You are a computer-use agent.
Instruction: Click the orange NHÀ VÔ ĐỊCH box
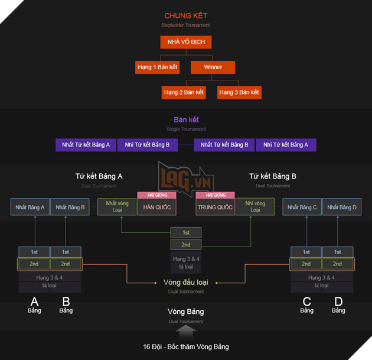click(185, 42)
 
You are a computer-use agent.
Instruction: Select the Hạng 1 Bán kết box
click(158, 67)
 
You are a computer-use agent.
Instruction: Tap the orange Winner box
click(213, 67)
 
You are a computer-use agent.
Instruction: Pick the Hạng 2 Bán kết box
click(184, 92)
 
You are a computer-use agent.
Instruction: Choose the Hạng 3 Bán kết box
click(239, 92)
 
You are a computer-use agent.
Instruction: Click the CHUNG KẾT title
click(185, 15)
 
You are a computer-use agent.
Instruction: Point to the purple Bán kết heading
click(185, 119)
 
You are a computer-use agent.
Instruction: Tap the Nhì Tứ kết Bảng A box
click(286, 144)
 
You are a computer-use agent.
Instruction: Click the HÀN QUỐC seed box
click(154, 207)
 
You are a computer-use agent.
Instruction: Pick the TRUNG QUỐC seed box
click(216, 207)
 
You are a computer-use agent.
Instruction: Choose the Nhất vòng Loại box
click(117, 206)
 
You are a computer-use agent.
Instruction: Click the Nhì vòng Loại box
click(255, 206)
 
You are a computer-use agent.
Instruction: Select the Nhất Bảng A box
click(30, 207)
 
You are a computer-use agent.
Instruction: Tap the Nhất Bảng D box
click(342, 207)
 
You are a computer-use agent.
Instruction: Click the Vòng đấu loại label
click(185, 282)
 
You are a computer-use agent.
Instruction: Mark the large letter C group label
click(306, 301)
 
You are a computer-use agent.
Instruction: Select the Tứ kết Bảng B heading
click(272, 176)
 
